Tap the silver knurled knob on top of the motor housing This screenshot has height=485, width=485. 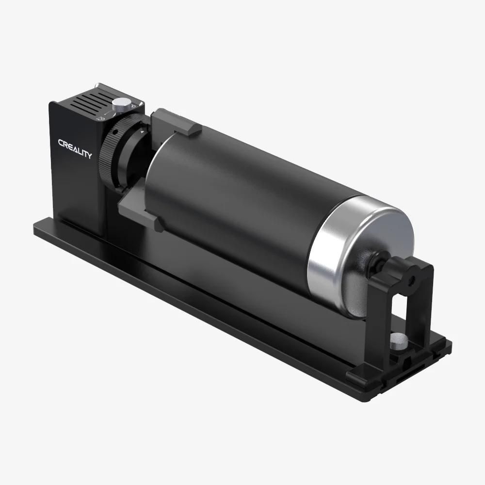pos(122,104)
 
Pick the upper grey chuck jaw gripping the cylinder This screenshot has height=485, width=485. pos(175,122)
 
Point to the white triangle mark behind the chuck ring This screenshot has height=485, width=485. pos(142,131)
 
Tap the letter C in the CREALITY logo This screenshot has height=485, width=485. pos(61,143)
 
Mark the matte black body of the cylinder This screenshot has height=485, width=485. pos(233,194)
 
